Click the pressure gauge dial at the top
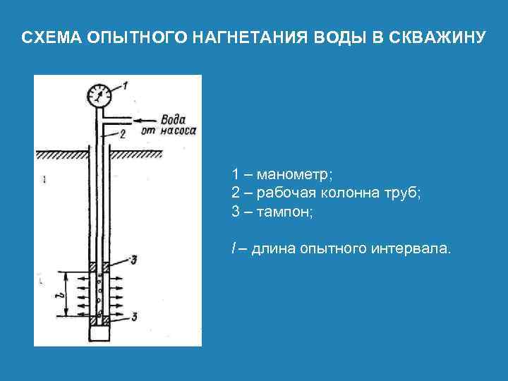(99, 95)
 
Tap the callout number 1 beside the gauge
(125, 86)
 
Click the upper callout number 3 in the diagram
(133, 260)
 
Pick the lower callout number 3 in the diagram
(133, 316)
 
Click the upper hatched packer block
(99, 267)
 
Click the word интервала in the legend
(409, 248)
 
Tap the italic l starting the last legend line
(233, 248)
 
